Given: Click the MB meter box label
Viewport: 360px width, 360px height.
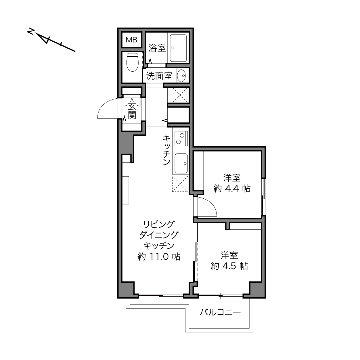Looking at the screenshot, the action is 131,40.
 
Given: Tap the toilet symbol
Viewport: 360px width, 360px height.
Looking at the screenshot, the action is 133,62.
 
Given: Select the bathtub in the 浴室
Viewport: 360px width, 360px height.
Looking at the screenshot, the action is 178,48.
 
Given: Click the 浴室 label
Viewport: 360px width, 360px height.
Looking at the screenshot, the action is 157,48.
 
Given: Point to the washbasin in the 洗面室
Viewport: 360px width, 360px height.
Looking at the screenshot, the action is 181,76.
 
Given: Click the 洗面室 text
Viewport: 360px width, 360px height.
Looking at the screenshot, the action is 159,76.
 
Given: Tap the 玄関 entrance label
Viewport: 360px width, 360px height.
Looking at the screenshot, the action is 132,111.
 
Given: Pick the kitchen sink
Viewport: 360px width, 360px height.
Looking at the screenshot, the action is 181,163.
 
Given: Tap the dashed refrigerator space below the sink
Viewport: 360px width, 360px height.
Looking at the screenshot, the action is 180,183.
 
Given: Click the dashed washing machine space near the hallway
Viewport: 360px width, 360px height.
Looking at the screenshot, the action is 180,95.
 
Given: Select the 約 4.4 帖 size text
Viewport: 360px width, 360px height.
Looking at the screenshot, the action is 232,189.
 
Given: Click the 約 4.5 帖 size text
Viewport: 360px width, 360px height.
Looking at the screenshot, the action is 229,266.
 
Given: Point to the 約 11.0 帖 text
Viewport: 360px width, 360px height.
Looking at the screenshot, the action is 159,257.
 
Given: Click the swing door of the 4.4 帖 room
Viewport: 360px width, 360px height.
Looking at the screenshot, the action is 207,207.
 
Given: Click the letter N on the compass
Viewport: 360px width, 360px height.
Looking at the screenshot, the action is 31,31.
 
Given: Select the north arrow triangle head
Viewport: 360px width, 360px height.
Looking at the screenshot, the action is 44,38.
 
